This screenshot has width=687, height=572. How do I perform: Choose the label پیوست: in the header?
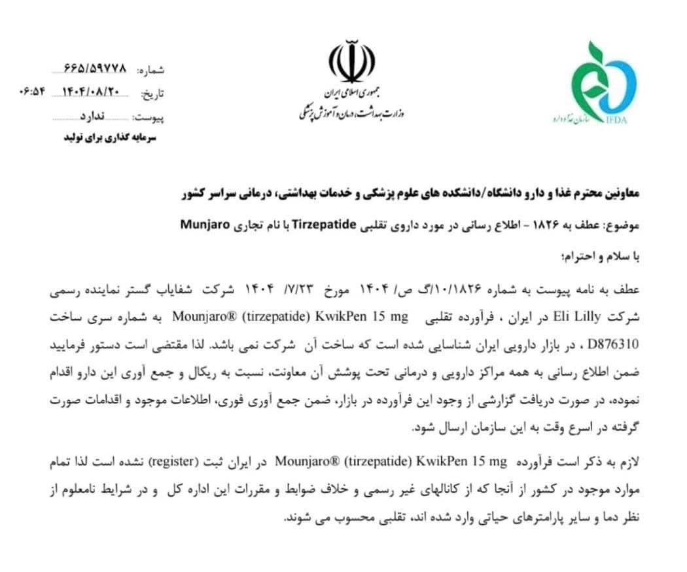point(150,118)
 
